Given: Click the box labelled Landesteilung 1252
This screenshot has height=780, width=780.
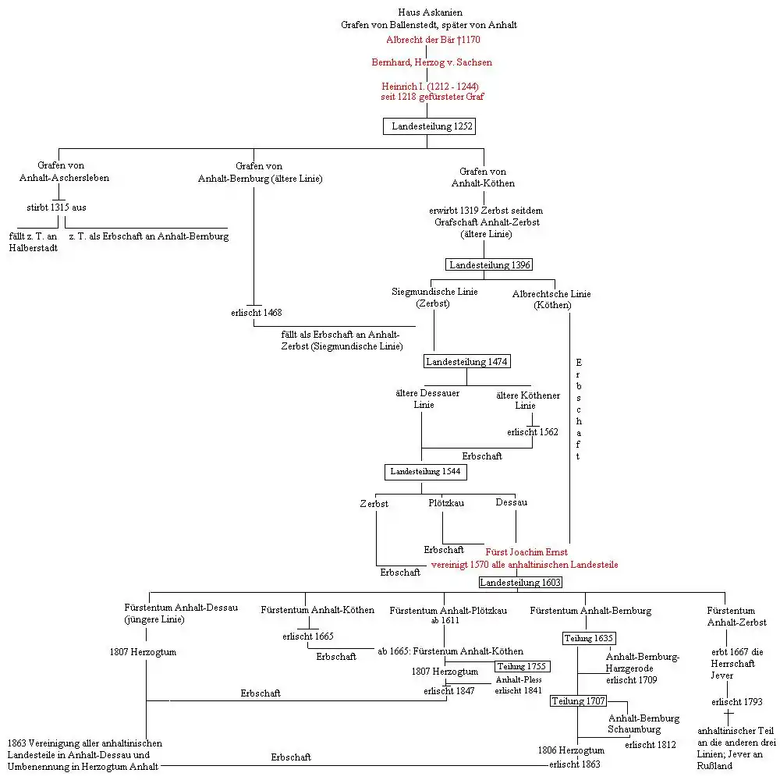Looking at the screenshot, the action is point(428,126).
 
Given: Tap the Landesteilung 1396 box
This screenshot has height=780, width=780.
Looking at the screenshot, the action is point(489,265).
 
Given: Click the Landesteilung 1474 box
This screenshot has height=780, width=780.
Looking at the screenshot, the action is point(466,362).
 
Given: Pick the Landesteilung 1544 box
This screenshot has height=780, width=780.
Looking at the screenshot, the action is point(425,472).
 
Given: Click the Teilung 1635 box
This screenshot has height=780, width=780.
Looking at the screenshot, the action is point(588,639).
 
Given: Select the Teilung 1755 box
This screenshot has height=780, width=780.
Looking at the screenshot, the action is point(522,667).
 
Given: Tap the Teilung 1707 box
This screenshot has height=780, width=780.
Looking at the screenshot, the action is point(579,701).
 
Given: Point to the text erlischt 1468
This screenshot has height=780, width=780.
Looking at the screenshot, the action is point(256,313).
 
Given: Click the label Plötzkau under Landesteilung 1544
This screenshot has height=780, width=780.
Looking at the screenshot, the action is point(446,503).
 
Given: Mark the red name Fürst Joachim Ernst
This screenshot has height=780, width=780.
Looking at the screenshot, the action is point(526,552).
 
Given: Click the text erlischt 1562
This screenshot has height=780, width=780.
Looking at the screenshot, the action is point(532,432).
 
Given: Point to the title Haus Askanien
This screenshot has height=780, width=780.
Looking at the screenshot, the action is point(430,12).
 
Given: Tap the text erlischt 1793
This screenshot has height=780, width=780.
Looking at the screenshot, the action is point(736,702).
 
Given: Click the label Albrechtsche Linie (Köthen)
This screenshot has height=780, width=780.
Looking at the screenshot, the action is point(551,300).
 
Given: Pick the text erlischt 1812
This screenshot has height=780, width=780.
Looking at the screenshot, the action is point(651,745).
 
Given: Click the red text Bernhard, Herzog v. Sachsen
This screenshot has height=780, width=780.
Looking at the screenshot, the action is point(431,62).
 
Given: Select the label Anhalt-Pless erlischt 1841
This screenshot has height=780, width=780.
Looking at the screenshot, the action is point(519,685).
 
